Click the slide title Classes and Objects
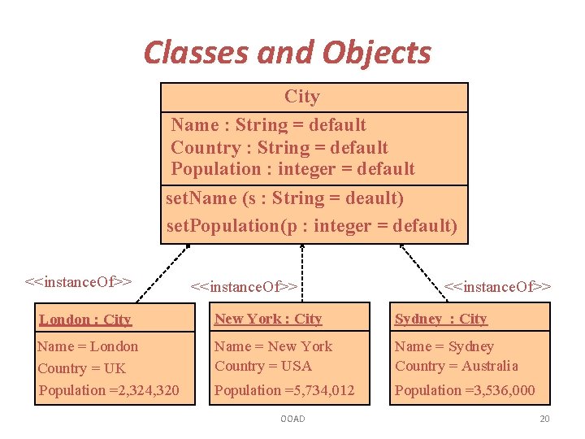(287, 53)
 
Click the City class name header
(302, 97)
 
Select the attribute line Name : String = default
(268, 125)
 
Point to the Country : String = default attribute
(279, 148)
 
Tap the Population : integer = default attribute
(292, 169)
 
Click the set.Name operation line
(284, 198)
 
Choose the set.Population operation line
(311, 225)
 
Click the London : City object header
(85, 319)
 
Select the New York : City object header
(268, 319)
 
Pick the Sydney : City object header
(440, 319)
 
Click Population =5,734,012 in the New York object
(284, 390)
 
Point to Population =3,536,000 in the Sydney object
(465, 390)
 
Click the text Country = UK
(81, 368)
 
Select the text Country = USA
(263, 366)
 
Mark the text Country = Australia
(456, 366)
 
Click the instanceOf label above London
(78, 282)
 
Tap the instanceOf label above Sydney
(497, 286)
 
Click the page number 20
(544, 419)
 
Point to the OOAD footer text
(292, 419)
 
